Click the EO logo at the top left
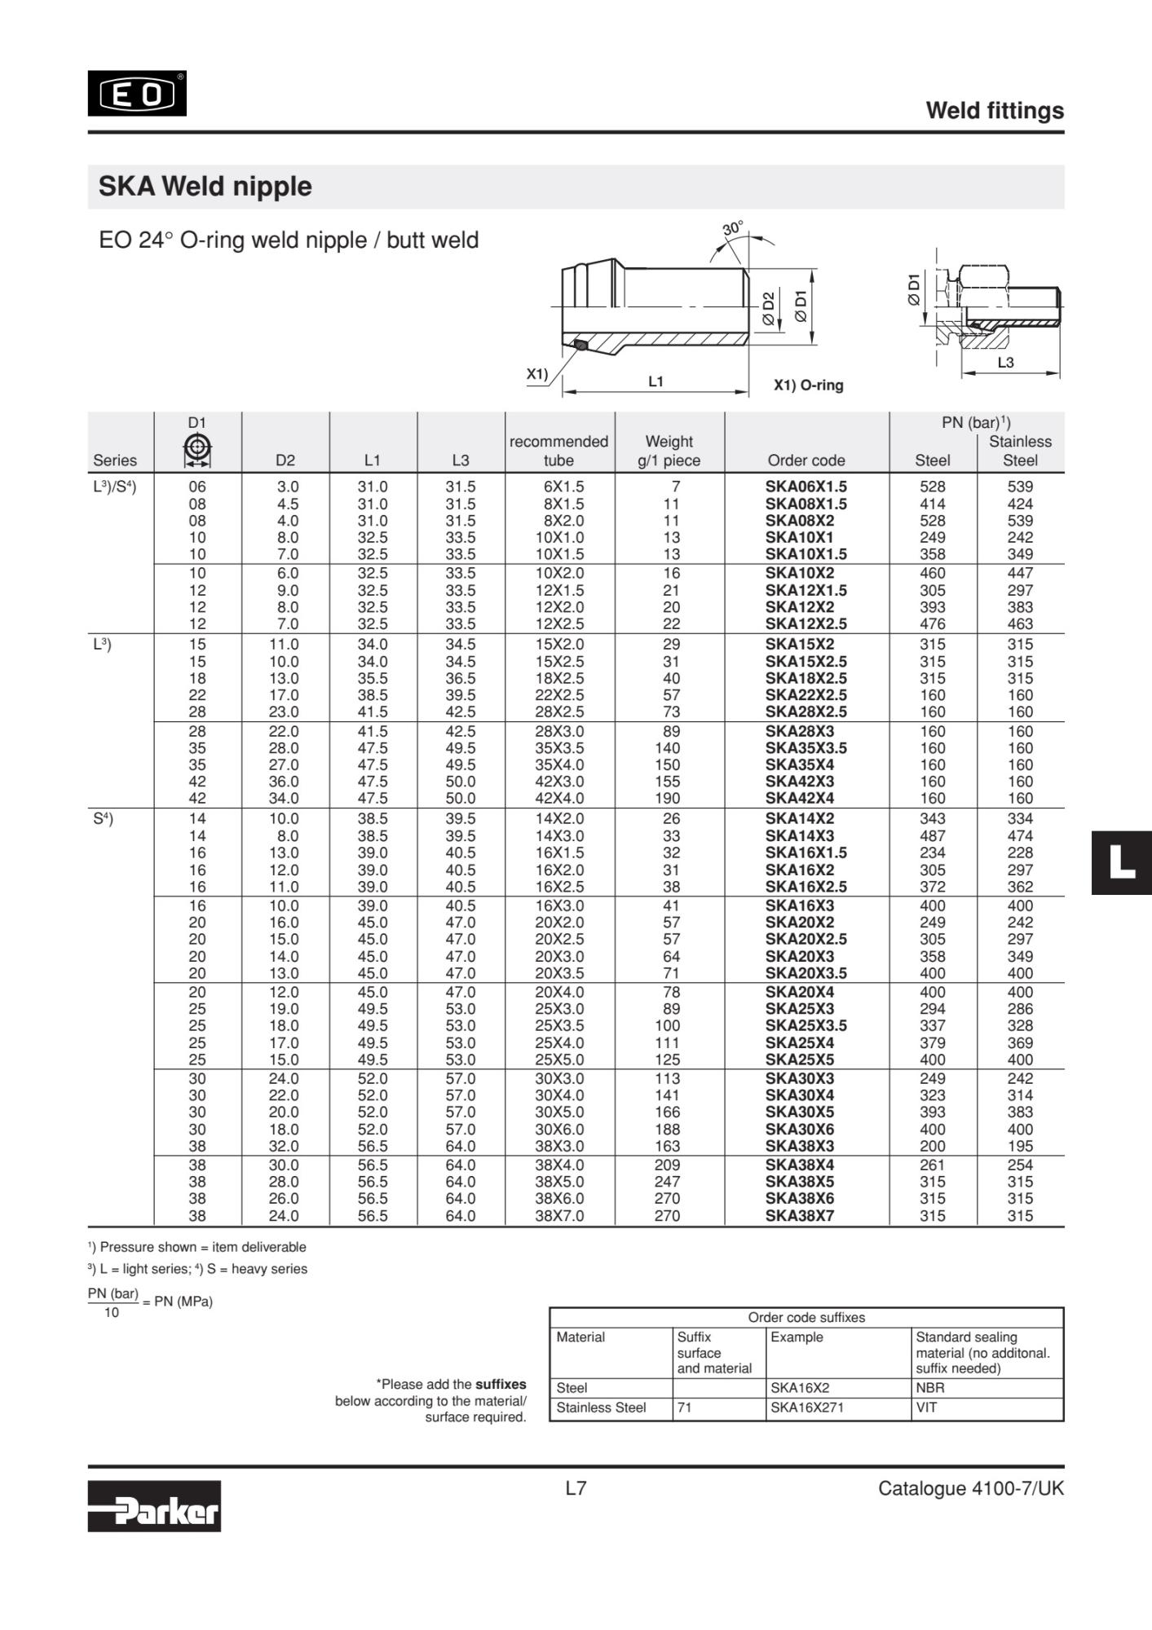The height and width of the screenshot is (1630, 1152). [137, 94]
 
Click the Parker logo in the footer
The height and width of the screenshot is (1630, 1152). [154, 1505]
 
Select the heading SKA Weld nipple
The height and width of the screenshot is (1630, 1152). [205, 187]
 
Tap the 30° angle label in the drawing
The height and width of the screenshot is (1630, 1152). [733, 228]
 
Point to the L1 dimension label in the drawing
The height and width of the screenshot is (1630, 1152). [655, 381]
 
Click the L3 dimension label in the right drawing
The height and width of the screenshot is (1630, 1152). [1005, 363]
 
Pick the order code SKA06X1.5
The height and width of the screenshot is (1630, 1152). [806, 487]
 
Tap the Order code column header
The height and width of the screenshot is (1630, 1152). [806, 460]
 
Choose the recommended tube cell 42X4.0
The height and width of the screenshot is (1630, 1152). [559, 799]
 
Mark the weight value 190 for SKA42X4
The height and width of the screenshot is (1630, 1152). [668, 799]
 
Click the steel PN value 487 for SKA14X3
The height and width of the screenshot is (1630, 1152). [932, 835]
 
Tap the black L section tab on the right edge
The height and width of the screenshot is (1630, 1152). [1122, 863]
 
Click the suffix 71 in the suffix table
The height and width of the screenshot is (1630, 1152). [685, 1408]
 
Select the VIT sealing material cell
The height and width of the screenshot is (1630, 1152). [926, 1408]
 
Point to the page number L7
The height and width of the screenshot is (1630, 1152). [576, 1489]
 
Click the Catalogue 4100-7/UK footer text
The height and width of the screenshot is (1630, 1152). [970, 1489]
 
